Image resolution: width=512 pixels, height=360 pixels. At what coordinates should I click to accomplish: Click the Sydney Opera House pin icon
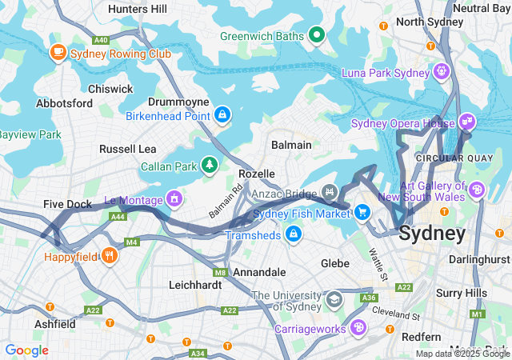pyautogui.click(x=468, y=123)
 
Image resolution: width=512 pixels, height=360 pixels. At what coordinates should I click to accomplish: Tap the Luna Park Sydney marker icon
pyautogui.click(x=441, y=72)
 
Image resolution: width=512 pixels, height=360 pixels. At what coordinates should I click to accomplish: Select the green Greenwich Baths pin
pyautogui.click(x=317, y=35)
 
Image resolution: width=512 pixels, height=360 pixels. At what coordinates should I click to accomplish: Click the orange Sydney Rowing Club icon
pyautogui.click(x=58, y=53)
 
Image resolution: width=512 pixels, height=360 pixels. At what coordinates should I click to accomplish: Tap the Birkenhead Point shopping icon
pyautogui.click(x=222, y=116)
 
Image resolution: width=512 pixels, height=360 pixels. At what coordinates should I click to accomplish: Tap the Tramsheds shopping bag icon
pyautogui.click(x=294, y=234)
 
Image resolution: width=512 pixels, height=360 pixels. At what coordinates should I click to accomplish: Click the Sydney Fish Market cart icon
pyautogui.click(x=362, y=212)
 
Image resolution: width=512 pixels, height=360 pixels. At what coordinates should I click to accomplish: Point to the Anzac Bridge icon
pyautogui.click(x=329, y=192)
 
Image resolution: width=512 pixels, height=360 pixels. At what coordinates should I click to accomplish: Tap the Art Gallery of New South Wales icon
pyautogui.click(x=478, y=190)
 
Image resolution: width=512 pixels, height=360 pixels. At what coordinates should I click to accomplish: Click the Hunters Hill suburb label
pyautogui.click(x=137, y=9)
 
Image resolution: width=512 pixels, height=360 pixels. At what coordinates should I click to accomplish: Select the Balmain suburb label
pyautogui.click(x=292, y=146)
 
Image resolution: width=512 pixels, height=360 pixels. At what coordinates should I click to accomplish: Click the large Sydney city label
pyautogui.click(x=431, y=234)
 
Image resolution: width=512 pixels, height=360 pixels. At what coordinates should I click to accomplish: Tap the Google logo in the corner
pyautogui.click(x=26, y=350)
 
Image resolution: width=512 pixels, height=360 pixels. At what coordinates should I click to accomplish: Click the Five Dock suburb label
pyautogui.click(x=67, y=205)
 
